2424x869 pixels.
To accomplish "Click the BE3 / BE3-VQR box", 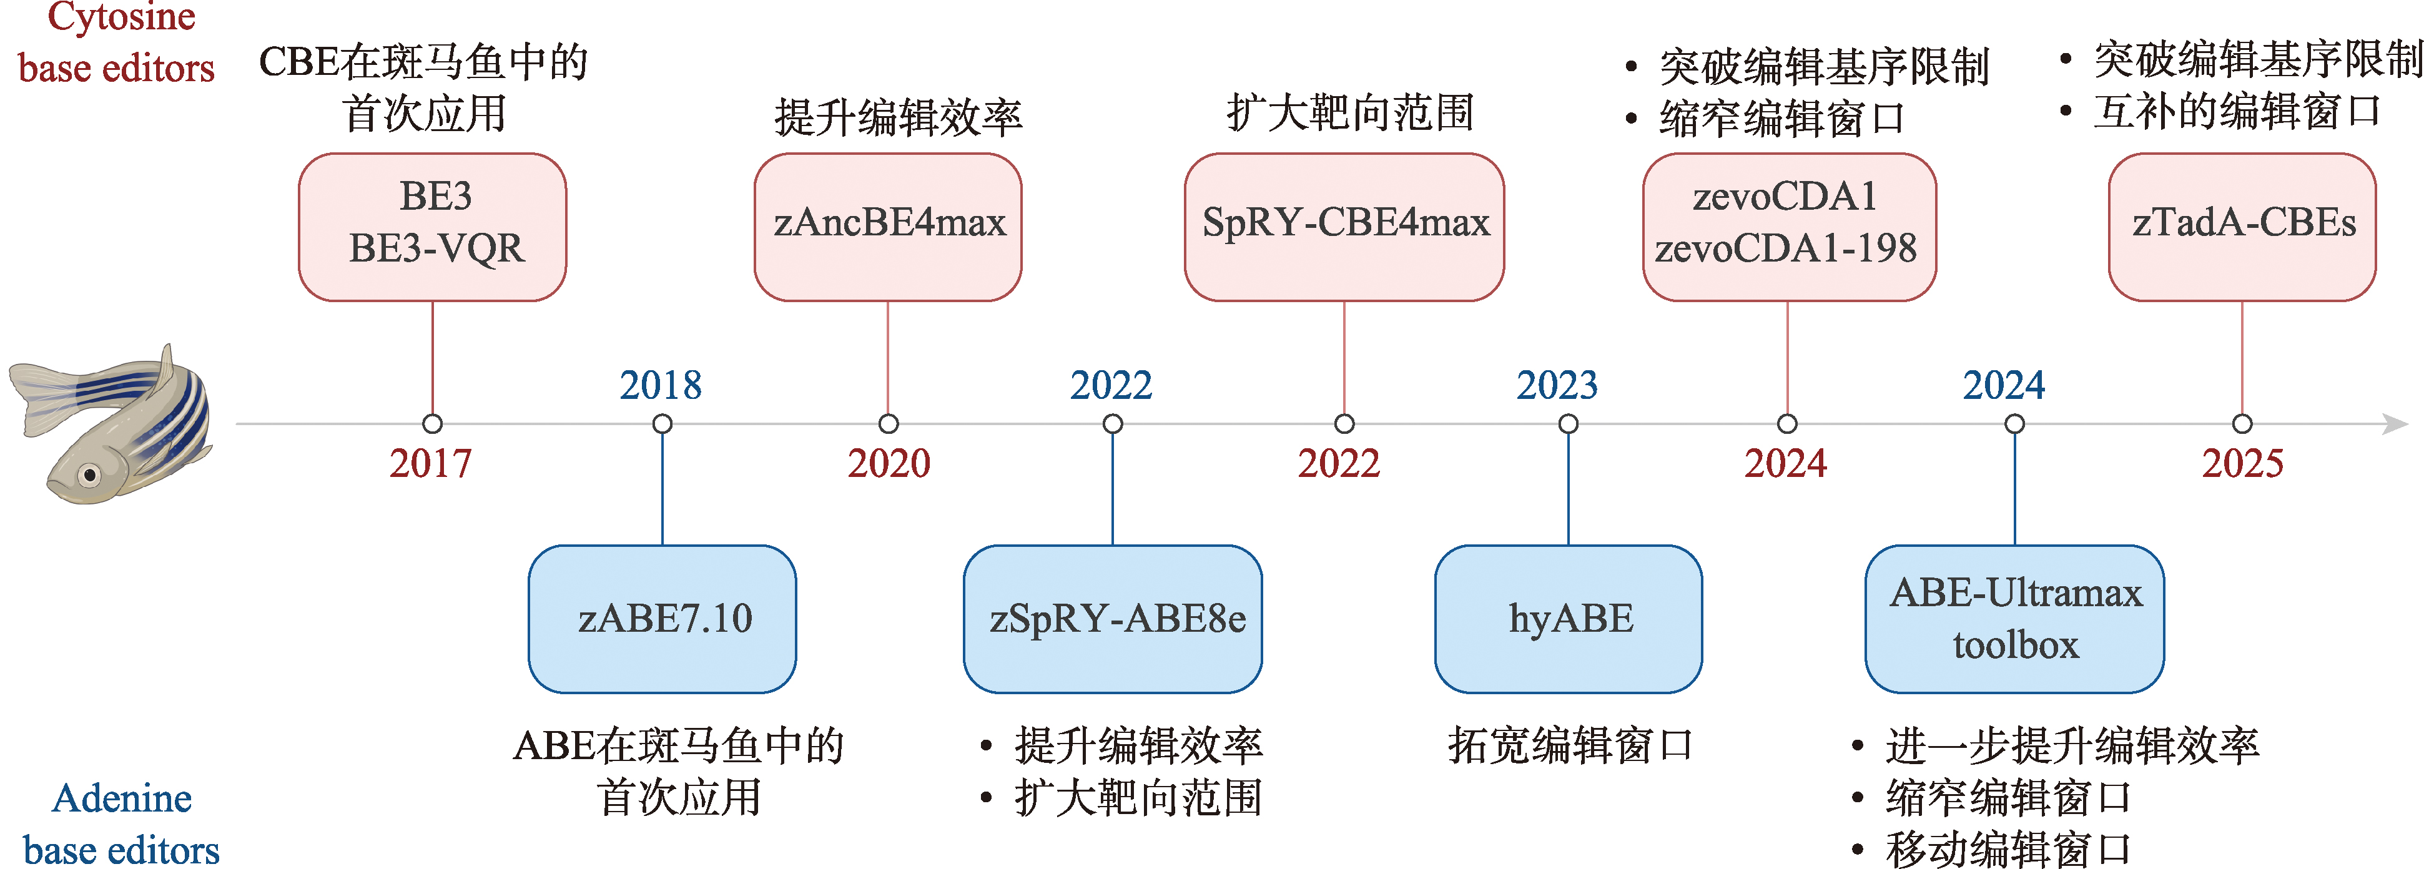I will point(433,227).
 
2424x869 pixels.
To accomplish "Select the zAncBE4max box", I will point(889,227).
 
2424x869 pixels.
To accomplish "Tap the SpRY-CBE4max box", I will point(1344,227).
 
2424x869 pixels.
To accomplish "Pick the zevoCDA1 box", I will point(1788,227).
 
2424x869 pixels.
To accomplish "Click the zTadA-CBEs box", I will point(2242,227).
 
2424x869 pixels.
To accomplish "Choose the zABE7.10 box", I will point(663,619).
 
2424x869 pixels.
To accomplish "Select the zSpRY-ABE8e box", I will point(1113,619).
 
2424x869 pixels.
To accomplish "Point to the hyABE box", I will point(1569,619).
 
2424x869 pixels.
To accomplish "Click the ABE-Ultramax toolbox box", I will point(2014,619).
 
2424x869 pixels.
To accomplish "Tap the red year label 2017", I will point(431,464).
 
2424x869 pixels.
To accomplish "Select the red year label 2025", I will point(2242,464).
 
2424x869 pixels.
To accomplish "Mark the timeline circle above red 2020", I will point(889,424).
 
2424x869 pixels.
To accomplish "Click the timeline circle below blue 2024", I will point(2014,424).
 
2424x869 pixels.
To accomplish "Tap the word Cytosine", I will point(121,17).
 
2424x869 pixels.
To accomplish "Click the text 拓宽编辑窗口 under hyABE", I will point(1570,746).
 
